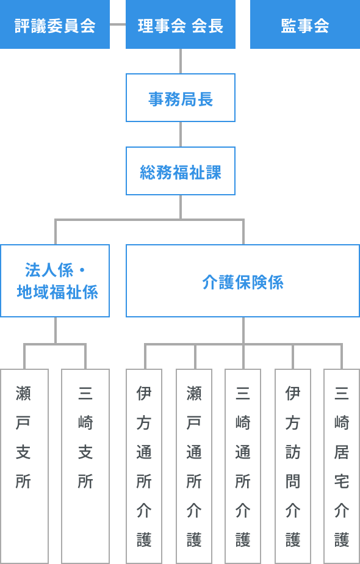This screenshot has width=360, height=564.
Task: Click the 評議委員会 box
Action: click(x=55, y=24)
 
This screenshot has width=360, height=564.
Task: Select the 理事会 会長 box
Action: click(x=181, y=24)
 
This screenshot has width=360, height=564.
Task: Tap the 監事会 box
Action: click(x=305, y=24)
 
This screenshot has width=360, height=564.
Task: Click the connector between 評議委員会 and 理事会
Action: click(x=118, y=24)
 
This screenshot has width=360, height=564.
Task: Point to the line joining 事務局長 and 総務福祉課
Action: click(x=181, y=134)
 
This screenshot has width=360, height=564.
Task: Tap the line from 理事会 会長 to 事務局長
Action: click(x=181, y=61)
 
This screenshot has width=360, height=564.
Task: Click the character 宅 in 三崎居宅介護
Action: click(x=342, y=481)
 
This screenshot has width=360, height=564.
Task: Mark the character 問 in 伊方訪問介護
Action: click(x=293, y=481)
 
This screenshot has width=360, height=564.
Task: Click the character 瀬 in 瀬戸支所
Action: click(x=23, y=393)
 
